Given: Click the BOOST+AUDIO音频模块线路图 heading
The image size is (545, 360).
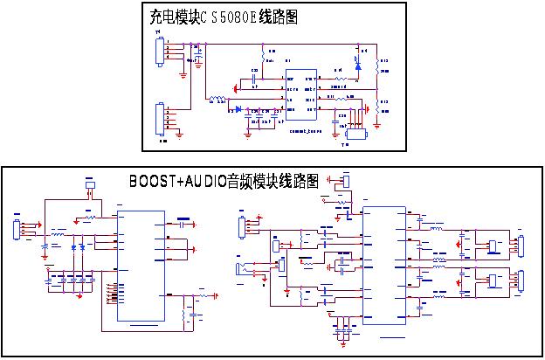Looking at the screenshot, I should point(224,181).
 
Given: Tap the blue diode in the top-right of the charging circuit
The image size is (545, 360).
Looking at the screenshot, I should point(357,61).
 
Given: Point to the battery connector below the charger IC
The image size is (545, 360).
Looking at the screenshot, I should point(355,135).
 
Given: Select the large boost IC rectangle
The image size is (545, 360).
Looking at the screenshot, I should point(141,266).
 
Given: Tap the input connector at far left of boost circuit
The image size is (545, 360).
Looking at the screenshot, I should point(15,231).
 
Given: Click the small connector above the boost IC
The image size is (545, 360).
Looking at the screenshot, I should point(90,185).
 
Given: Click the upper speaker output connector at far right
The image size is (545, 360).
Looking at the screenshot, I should point(521,246).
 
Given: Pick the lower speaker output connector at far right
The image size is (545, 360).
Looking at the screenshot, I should point(521,281).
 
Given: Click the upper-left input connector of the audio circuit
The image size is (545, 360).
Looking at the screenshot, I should point(243,226).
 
